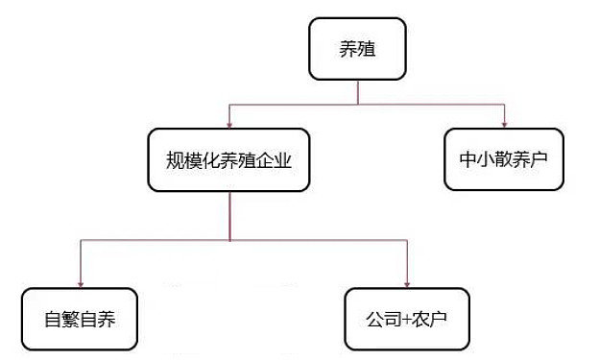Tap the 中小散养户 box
point(503,158)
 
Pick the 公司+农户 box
point(408,318)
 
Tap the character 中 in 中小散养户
point(465,159)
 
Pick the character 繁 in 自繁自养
point(70,319)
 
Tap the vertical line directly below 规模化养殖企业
point(228,216)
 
